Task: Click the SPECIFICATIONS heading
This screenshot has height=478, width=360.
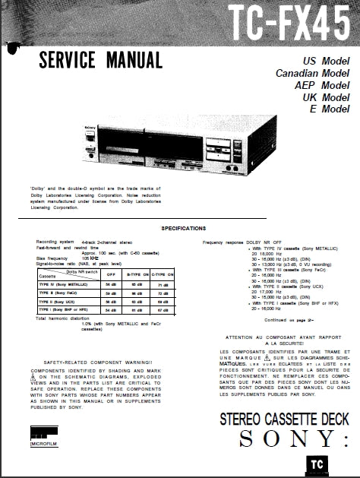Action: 183,228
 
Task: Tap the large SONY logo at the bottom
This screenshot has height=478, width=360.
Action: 287,438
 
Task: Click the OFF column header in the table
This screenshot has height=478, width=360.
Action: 111,275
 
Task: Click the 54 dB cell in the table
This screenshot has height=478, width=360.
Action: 111,310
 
